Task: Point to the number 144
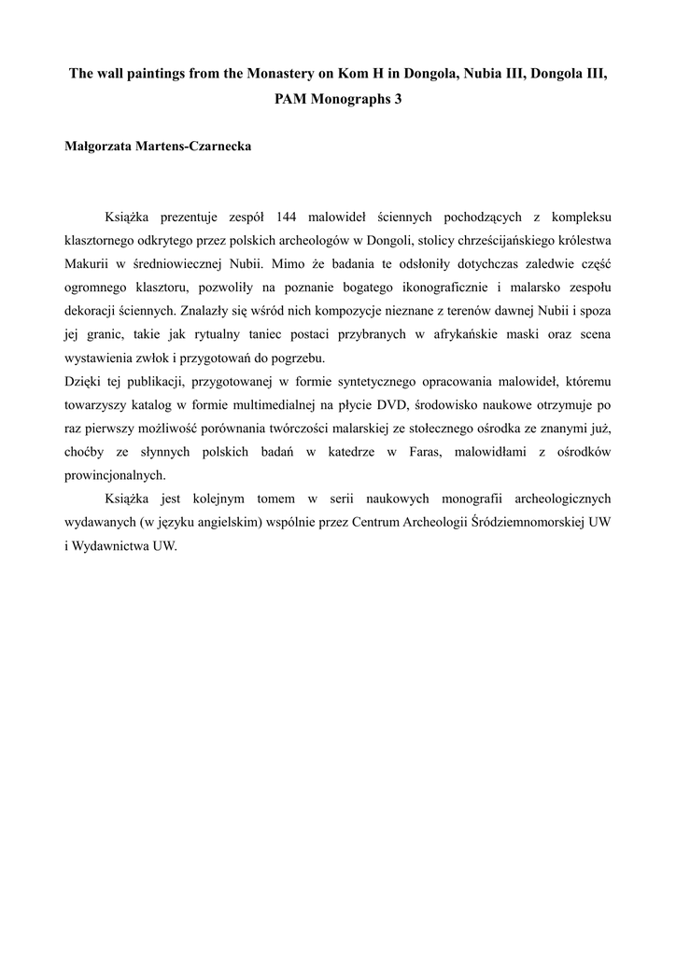pos(279,217)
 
